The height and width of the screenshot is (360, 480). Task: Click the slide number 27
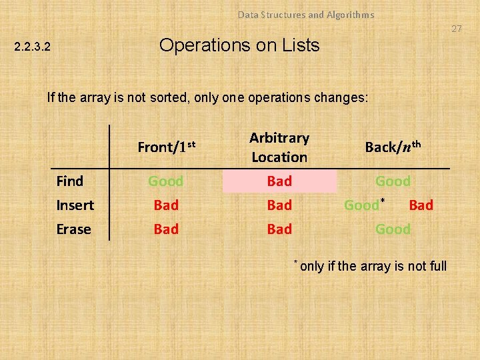(x=456, y=29)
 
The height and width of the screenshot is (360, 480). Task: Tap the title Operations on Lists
(x=239, y=45)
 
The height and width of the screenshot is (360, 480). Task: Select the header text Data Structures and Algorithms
(x=306, y=14)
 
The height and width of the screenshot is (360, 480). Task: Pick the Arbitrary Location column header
(x=279, y=147)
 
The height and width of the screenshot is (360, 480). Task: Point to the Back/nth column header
(x=393, y=147)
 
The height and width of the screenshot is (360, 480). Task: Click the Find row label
(x=70, y=181)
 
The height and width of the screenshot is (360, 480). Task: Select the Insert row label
(x=75, y=205)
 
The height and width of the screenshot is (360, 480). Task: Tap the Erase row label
(x=73, y=229)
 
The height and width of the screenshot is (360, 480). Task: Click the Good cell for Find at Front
(x=166, y=181)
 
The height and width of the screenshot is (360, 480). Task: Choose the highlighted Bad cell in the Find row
(x=279, y=181)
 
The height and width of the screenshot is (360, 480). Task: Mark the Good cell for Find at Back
(x=393, y=181)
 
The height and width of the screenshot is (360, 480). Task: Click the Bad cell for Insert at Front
(x=166, y=205)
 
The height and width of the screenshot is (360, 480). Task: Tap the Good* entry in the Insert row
(x=363, y=205)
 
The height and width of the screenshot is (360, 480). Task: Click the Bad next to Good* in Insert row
(x=421, y=205)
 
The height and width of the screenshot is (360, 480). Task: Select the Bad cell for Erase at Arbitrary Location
(x=279, y=229)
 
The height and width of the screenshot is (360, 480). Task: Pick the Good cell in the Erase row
(x=393, y=229)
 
